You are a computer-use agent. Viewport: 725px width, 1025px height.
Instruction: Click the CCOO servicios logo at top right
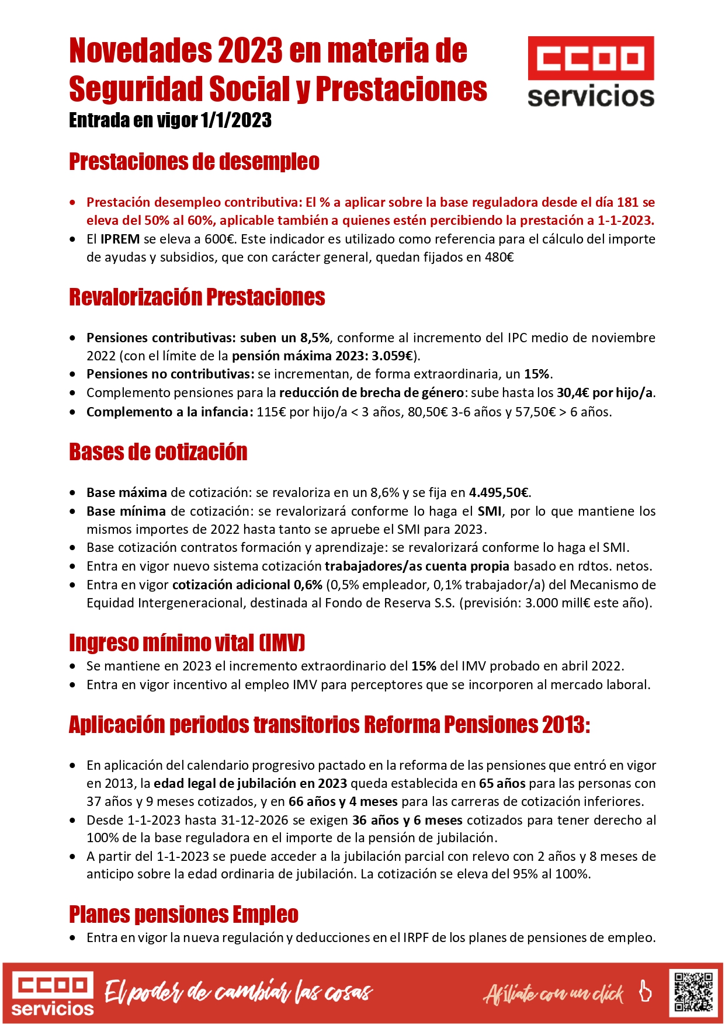591,71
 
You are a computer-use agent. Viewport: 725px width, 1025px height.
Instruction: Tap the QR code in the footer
693,991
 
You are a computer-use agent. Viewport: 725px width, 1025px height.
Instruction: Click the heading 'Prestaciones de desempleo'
194,162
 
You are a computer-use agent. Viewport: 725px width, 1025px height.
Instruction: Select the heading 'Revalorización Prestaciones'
197,297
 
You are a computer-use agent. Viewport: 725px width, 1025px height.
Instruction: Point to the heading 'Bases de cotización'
158,452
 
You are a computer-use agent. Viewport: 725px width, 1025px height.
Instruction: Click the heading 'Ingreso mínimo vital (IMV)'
187,642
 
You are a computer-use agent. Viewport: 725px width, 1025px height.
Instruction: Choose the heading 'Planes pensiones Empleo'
183,914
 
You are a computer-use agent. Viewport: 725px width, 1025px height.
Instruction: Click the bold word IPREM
120,239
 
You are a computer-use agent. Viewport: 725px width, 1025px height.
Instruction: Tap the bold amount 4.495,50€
499,492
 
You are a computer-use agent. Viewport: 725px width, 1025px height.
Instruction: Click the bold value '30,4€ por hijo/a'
605,392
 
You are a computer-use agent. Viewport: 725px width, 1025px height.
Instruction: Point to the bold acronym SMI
490,511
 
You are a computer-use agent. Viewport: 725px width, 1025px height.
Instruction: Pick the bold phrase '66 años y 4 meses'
343,801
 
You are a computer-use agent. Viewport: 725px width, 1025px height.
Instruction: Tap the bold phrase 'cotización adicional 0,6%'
247,585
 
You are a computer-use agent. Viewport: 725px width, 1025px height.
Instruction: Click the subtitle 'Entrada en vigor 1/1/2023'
170,120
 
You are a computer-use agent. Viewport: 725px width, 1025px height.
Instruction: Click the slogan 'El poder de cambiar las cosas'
238,992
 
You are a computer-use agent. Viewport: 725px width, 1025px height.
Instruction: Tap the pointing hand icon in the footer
645,991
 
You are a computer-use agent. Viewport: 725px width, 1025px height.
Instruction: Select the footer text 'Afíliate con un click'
553,993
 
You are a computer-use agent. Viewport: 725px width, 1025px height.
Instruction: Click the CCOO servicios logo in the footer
53,993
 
